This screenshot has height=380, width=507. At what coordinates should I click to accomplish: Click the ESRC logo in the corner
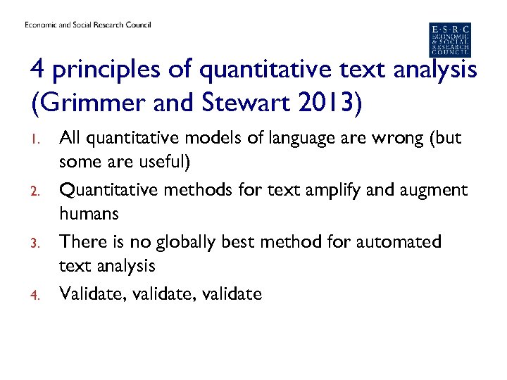[x=450, y=39]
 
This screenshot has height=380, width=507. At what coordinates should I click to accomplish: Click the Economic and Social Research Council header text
[x=88, y=25]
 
